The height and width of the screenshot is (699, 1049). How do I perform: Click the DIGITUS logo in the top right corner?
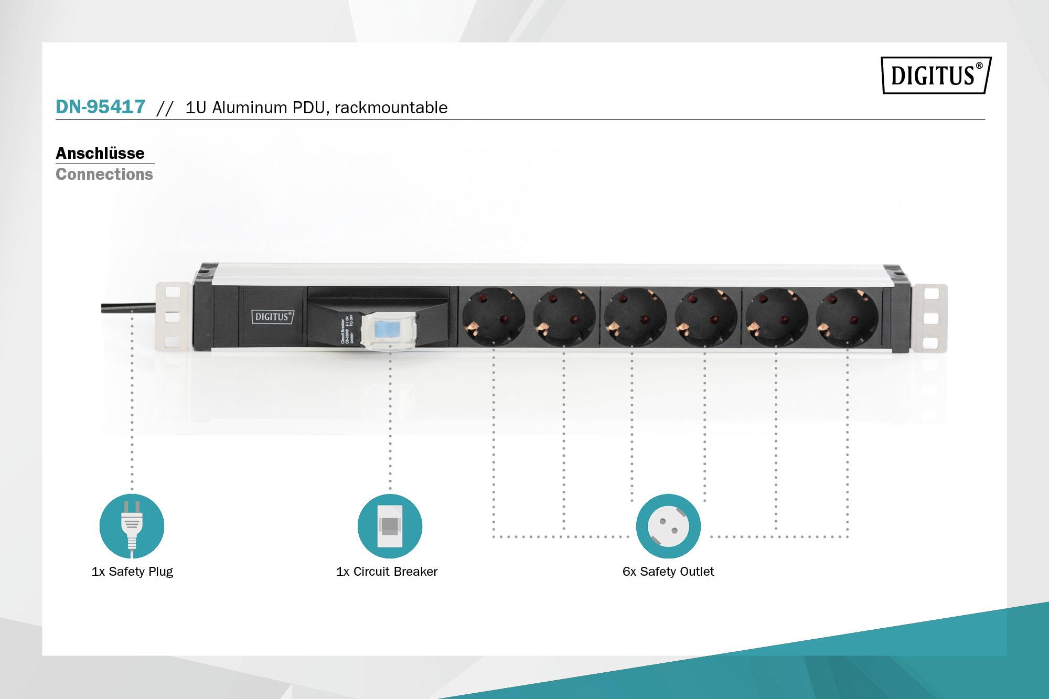point(936,76)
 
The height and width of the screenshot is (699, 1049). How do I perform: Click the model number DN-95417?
point(100,107)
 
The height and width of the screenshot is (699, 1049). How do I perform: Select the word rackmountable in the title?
point(391,107)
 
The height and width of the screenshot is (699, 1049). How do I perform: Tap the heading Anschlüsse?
point(100,153)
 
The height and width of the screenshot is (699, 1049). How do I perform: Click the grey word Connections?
point(104,174)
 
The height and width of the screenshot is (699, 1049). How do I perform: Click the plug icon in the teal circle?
point(132,526)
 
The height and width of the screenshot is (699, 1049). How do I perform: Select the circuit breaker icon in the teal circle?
point(390,526)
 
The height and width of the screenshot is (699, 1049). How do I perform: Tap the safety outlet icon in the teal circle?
point(668,526)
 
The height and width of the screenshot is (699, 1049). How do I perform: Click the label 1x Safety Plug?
point(132,572)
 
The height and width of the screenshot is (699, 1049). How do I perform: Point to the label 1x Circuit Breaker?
point(387,572)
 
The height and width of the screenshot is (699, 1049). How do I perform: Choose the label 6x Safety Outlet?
point(668,572)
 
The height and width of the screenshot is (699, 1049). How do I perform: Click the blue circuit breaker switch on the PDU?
point(390,330)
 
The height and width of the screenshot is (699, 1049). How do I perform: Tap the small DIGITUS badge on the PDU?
point(273,317)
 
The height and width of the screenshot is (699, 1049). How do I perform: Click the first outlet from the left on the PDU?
point(493,317)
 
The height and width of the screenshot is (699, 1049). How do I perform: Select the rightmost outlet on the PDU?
point(847,317)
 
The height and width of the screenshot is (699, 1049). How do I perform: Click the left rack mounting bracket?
point(172,317)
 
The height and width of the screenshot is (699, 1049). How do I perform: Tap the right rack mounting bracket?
point(930,317)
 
